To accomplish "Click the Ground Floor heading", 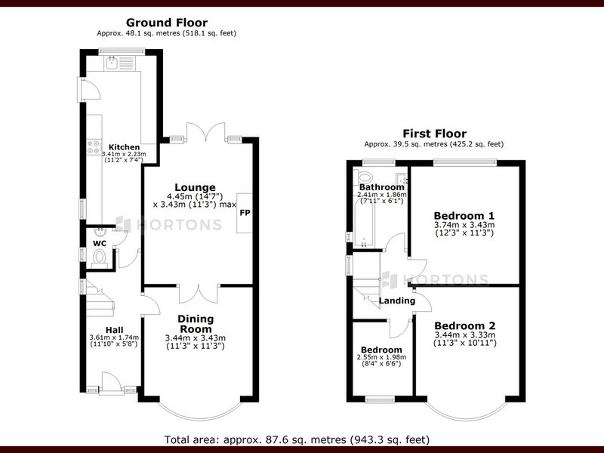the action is (166, 23).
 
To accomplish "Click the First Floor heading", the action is (435, 134).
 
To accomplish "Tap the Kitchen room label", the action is (124, 147).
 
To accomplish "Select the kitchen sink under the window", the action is (111, 63).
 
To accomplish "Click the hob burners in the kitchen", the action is (94, 147).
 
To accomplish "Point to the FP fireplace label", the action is (245, 213).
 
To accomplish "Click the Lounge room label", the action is (195, 187).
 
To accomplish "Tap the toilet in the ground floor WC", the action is (100, 257).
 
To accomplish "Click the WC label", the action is (100, 243).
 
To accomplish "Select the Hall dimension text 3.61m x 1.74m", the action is (114, 337).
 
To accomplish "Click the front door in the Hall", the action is (112, 384).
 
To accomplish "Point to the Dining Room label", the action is (196, 324).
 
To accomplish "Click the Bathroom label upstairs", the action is (381, 187).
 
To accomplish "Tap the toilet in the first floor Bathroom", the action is (364, 177).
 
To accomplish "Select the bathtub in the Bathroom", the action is (364, 224).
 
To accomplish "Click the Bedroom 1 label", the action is (464, 216).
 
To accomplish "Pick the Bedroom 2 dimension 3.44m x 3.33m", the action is (465, 335).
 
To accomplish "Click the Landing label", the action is (397, 300).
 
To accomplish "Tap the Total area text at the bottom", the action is (297, 439).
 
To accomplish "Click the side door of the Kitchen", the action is (89, 90).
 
